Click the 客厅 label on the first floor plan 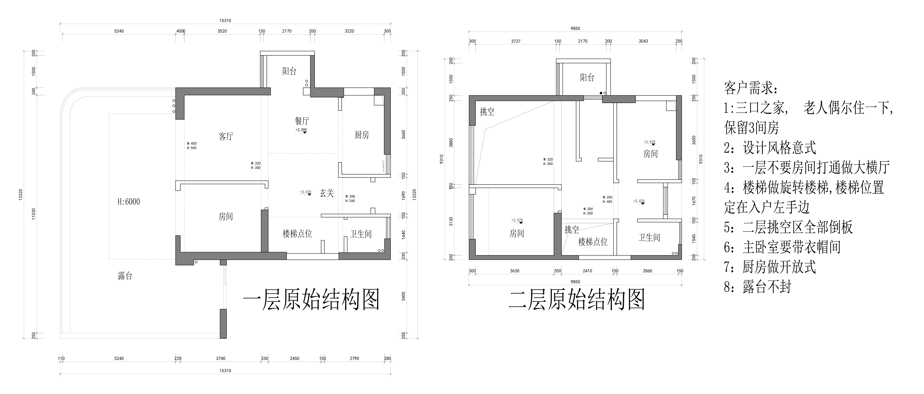[226, 136]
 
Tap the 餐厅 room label [302, 121]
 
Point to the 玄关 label [327, 193]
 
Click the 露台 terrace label [125, 276]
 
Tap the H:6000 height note [129, 202]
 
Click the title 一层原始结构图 [311, 300]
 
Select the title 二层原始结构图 [577, 300]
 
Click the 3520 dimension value [222, 31]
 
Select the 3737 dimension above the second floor [516, 41]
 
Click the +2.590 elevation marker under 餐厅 [301, 130]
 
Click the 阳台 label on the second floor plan [587, 78]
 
